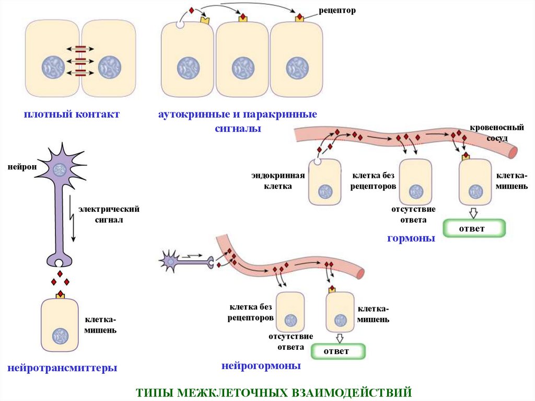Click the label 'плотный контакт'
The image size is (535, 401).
point(71,114)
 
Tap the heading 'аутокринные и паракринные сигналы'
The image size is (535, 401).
point(238,121)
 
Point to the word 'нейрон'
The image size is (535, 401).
point(22,167)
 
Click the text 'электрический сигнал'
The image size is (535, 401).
point(109,214)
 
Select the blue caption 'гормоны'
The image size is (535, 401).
point(411,238)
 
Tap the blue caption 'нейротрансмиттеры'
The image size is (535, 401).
point(62,368)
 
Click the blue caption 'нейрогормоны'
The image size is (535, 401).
point(261,366)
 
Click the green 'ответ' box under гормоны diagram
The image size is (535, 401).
point(474,228)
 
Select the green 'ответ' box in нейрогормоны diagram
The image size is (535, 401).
point(338,351)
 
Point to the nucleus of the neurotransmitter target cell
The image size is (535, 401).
point(60,336)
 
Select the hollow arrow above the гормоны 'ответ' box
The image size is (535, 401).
point(473,213)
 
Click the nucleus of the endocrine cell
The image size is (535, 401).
point(326,192)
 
